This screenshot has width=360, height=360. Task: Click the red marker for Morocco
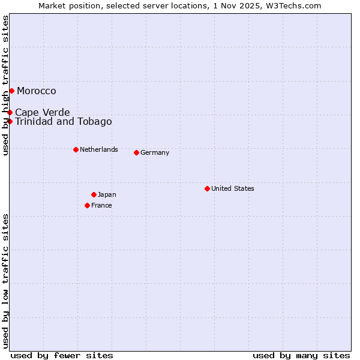click(x=11, y=91)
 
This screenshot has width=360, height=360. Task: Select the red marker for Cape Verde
click(x=10, y=112)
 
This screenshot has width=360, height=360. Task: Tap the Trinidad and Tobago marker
click(x=10, y=121)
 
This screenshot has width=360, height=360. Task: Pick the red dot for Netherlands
click(x=76, y=149)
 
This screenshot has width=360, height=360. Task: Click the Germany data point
click(x=136, y=152)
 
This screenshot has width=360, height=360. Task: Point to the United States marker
click(x=207, y=188)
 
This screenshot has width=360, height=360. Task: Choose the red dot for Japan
click(x=94, y=194)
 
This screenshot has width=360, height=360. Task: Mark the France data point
click(x=87, y=205)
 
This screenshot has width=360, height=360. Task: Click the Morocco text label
click(x=37, y=91)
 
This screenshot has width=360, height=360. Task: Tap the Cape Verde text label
click(x=43, y=113)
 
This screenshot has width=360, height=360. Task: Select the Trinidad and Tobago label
click(x=64, y=122)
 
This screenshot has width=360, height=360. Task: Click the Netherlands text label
click(x=99, y=149)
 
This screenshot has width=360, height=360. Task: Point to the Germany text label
click(x=155, y=152)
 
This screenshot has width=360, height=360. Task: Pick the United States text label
click(x=233, y=188)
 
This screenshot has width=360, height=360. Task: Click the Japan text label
click(x=107, y=194)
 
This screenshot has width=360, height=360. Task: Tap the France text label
click(x=101, y=205)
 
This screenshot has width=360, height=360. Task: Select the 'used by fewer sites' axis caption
click(x=62, y=355)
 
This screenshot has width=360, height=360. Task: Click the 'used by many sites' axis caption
click(x=301, y=355)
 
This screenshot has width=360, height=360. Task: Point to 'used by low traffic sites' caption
click(x=5, y=281)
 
